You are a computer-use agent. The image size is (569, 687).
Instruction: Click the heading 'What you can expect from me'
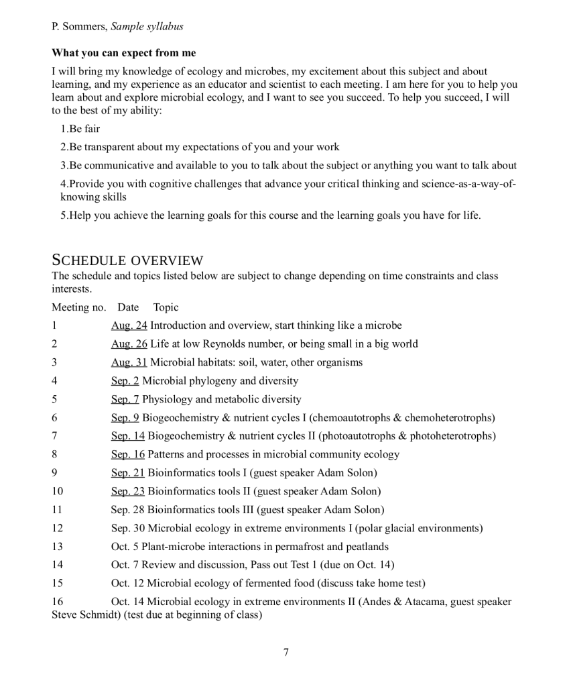[123, 53]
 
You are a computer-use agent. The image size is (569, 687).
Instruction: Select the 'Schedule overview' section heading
[127, 260]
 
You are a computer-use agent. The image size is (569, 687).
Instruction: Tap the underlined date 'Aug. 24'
[129, 325]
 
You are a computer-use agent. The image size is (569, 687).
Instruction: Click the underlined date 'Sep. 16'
[127, 454]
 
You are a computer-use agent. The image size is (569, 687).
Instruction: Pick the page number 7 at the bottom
[286, 652]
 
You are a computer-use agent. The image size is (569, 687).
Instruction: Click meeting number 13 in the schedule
[57, 546]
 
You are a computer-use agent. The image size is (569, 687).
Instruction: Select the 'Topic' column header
[166, 307]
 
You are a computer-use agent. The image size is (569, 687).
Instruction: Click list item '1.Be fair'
[80, 129]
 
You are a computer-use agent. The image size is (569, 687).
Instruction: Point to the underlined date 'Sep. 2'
[125, 380]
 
